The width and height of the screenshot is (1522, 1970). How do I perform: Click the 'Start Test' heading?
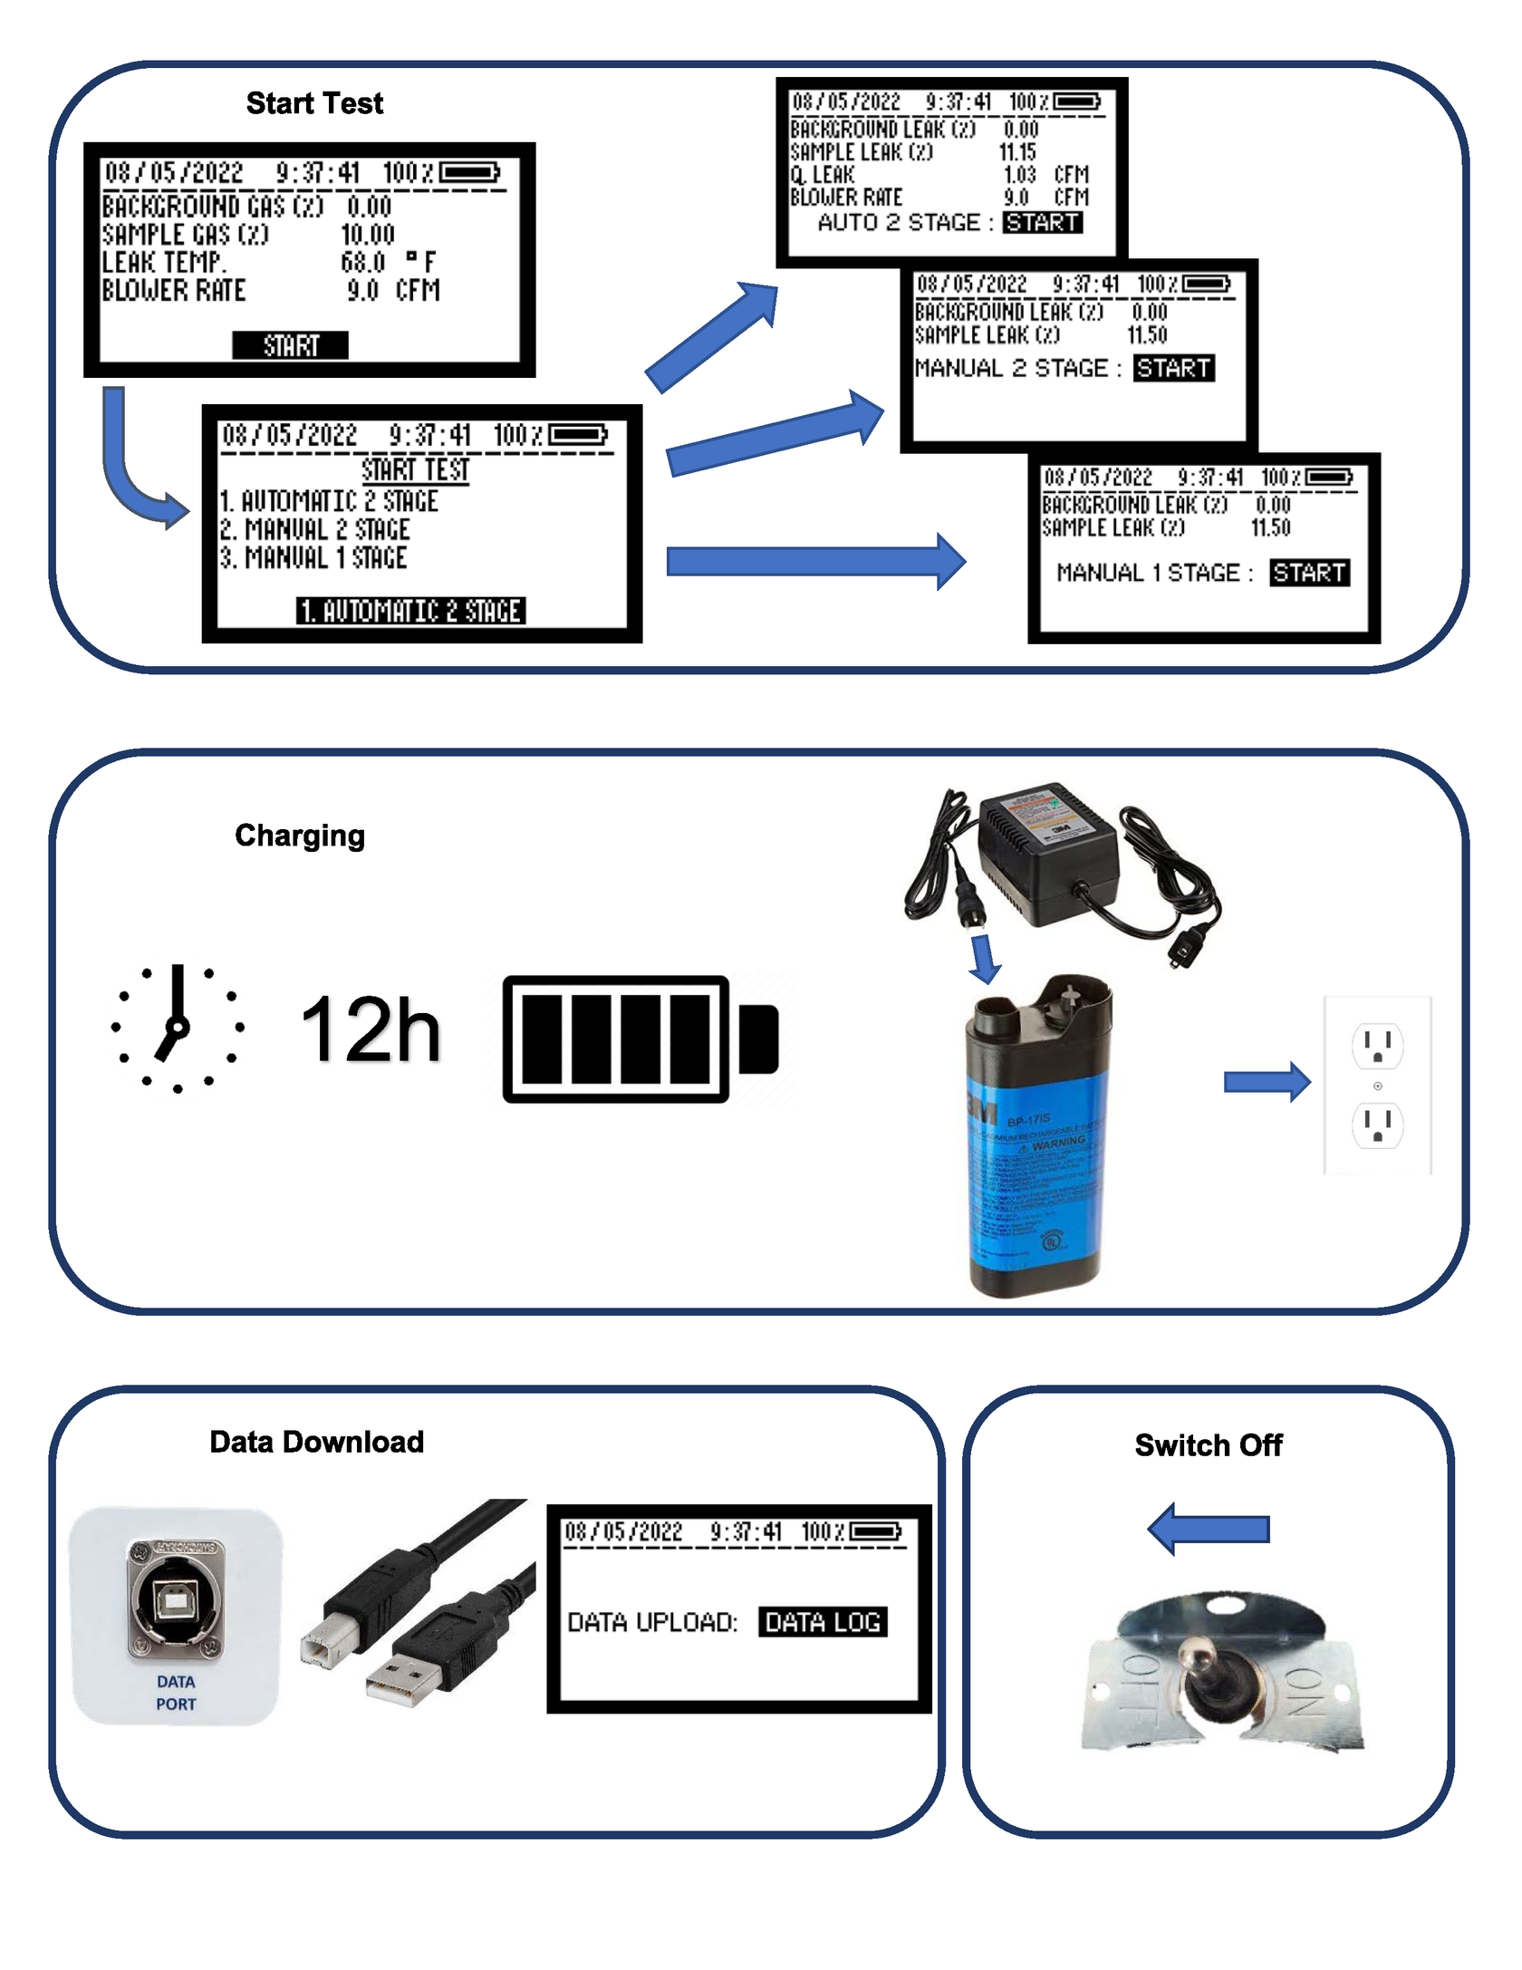[x=314, y=103]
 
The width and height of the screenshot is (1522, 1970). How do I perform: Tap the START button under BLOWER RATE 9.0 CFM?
[x=290, y=345]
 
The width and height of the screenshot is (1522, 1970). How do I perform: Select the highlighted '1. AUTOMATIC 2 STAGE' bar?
[x=411, y=611]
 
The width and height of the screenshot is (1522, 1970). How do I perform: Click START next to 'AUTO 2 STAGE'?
[x=1042, y=223]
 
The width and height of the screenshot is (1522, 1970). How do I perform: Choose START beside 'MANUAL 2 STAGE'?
[x=1173, y=368]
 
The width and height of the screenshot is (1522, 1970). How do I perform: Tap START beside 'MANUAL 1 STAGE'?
[x=1309, y=573]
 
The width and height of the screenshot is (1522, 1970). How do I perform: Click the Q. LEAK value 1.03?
[x=1019, y=175]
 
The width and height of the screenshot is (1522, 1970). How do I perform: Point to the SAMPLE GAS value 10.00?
[x=368, y=235]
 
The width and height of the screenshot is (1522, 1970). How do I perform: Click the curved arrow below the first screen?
[x=131, y=471]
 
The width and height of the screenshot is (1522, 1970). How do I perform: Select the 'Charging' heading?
[x=300, y=835]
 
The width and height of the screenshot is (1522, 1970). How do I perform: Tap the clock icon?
[x=178, y=1028]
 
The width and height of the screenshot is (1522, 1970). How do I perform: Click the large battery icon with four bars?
[x=640, y=1039]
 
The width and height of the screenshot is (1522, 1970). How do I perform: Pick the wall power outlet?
[x=1377, y=1085]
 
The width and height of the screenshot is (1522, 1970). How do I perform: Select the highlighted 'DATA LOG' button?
[x=823, y=1622]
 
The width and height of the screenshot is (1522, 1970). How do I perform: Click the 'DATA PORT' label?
[x=176, y=1693]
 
